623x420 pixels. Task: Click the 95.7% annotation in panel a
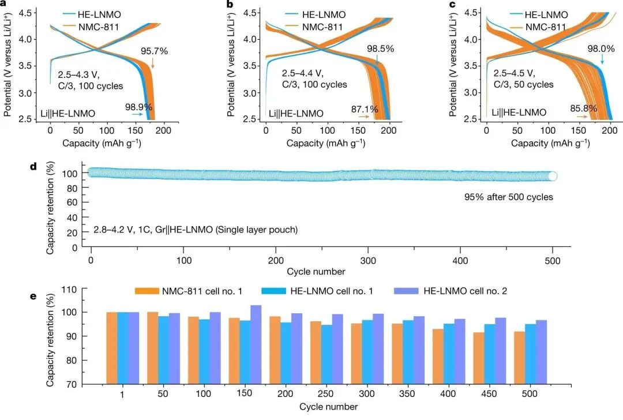click(154, 51)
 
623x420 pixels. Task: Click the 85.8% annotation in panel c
click(582, 107)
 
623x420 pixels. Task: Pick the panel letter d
click(33, 167)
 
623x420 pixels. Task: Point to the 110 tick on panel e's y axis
click(87, 288)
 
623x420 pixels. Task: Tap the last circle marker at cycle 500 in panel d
click(552, 176)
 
